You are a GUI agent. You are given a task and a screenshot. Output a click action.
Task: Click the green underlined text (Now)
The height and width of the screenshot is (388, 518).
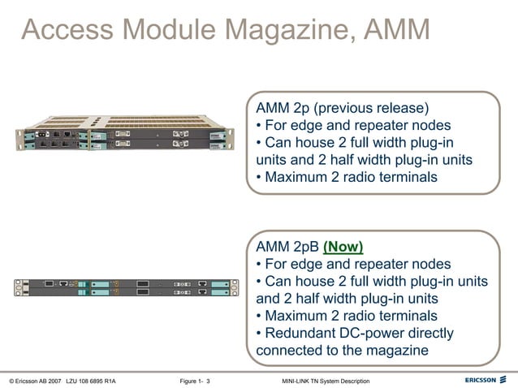(343, 247)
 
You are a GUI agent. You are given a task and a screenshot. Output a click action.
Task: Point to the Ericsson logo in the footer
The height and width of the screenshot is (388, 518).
(486, 380)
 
